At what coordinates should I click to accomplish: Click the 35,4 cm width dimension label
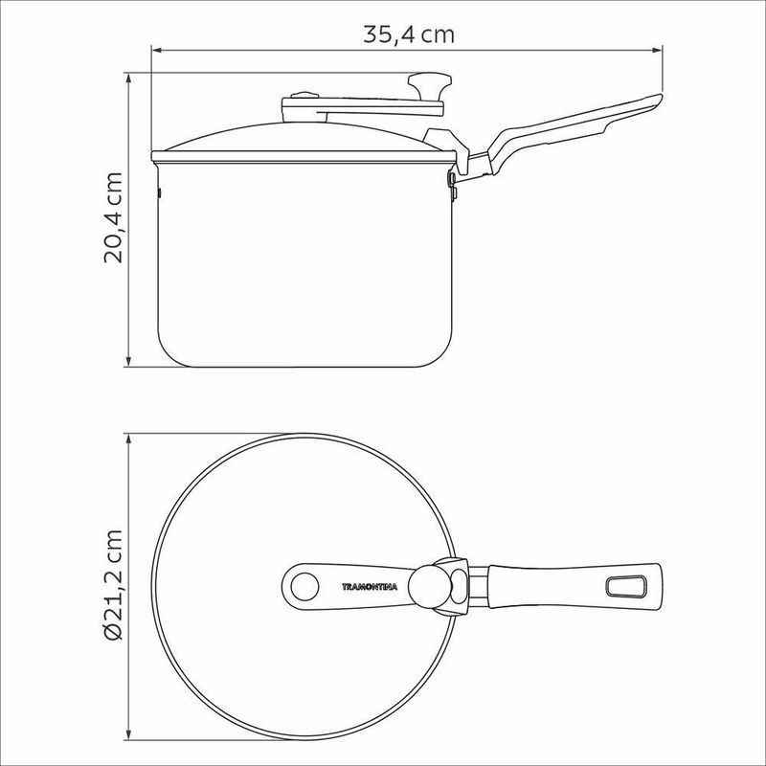409,34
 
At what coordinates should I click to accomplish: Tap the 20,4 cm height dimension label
113,218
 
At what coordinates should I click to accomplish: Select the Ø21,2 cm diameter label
113,585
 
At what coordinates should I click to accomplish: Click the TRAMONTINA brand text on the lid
370,587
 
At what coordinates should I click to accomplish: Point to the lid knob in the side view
430,85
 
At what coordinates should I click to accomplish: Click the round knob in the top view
426,586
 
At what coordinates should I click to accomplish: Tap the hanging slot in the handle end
626,586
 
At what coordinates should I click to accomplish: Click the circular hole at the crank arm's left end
304,586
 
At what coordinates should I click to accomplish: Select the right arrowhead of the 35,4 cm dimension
658,50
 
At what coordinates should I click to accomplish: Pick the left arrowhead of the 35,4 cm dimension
157,50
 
